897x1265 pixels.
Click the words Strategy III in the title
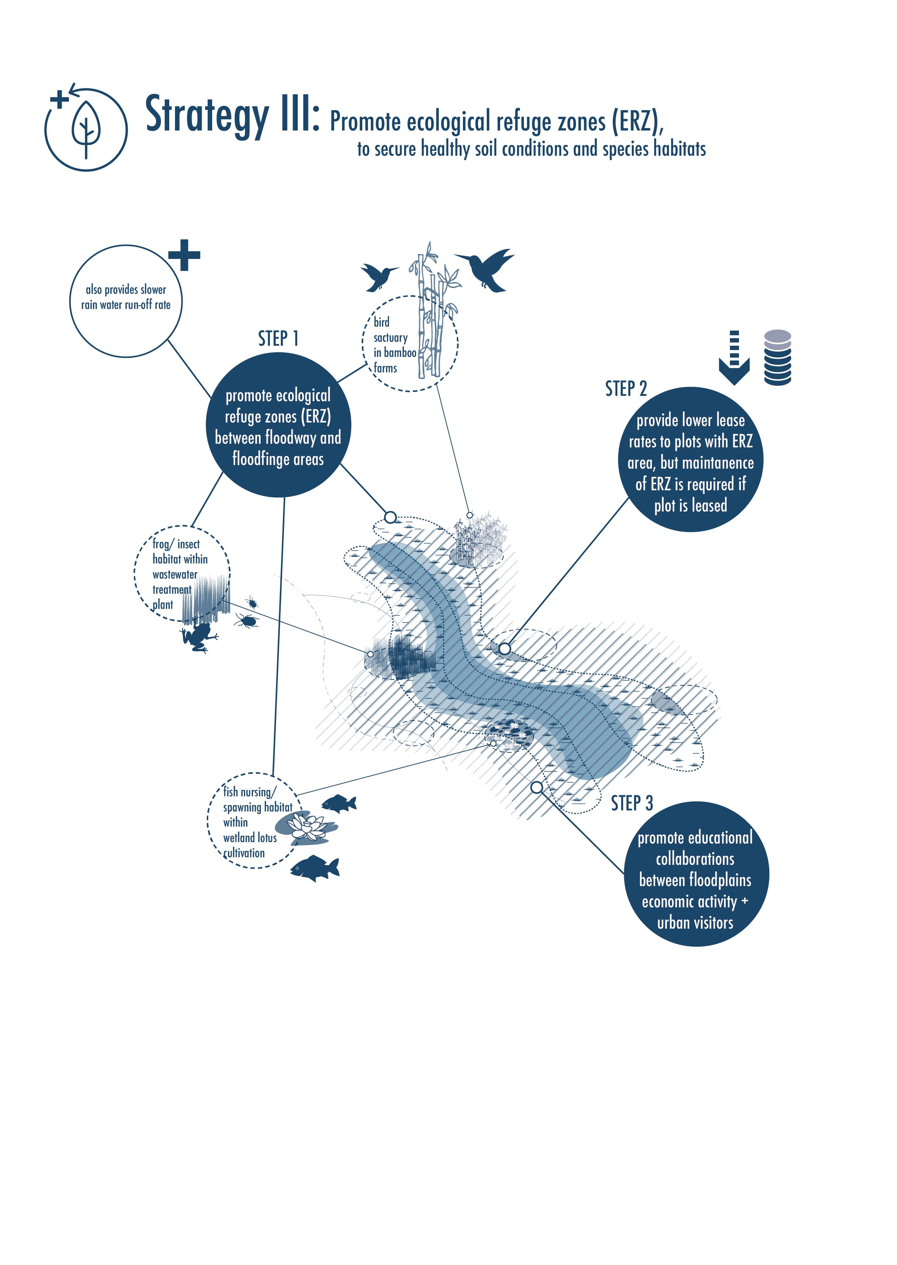[232, 114]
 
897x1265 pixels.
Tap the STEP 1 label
[278, 338]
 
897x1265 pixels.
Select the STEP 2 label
[626, 389]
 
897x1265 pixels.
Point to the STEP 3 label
[631, 804]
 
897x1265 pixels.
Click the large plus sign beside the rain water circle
[184, 255]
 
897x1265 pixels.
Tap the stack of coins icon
[778, 357]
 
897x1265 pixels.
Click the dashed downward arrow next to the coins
[734, 357]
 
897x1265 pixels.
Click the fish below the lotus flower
[315, 868]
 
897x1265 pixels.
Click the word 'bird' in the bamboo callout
[381, 322]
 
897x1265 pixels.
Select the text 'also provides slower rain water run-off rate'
[126, 297]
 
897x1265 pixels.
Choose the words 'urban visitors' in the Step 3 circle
[695, 923]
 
